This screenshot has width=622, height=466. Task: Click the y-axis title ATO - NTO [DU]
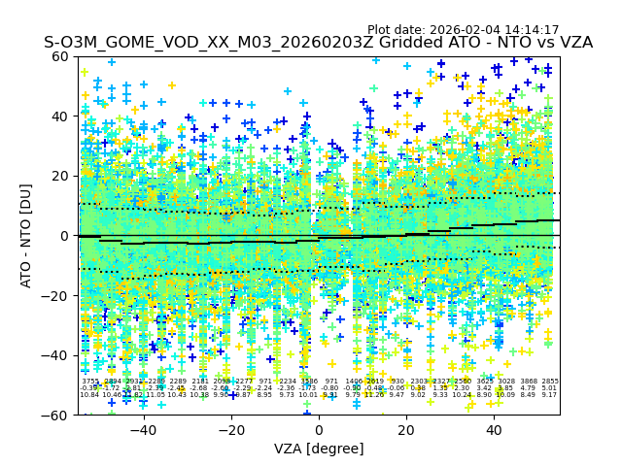(x=27, y=235)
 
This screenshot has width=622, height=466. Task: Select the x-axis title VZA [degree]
(x=319, y=449)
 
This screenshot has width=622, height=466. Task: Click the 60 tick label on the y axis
(x=61, y=56)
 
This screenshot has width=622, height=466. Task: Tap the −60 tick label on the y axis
(x=56, y=415)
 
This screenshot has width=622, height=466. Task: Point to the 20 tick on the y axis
(x=61, y=176)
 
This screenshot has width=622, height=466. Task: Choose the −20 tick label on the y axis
(x=56, y=295)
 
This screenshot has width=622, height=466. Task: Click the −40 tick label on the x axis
(x=143, y=430)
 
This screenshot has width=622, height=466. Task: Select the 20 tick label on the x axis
(x=406, y=430)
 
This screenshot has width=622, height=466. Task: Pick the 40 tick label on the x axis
(x=494, y=430)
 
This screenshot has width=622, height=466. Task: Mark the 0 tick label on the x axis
(x=319, y=430)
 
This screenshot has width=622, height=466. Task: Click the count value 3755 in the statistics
(x=89, y=382)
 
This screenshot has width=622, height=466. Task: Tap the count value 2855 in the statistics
(x=550, y=382)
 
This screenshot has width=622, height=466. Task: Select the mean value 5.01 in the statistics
(x=550, y=388)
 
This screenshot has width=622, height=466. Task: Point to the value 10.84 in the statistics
(x=89, y=395)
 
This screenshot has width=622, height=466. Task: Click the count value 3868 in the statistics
(x=528, y=382)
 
